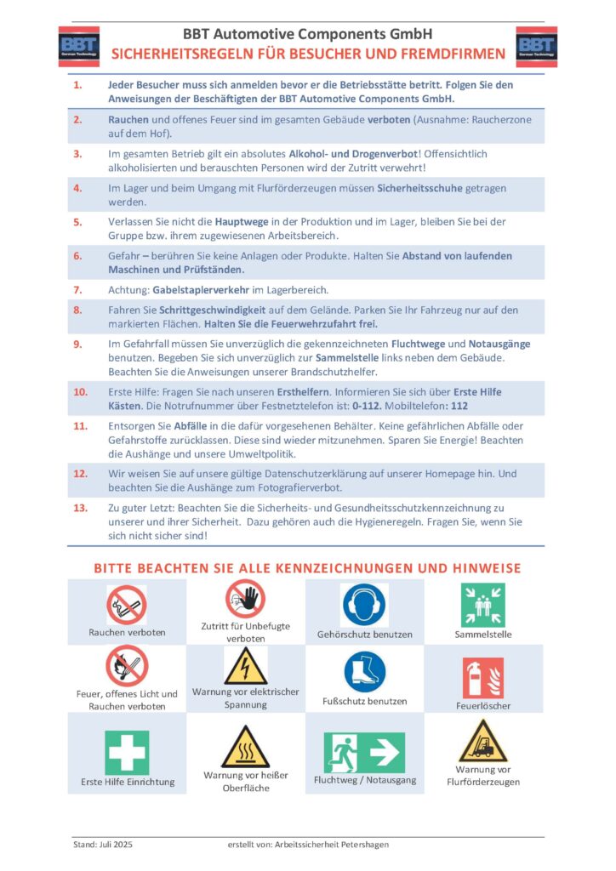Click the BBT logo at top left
pyautogui.click(x=78, y=46)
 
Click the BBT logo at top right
pyautogui.click(x=536, y=46)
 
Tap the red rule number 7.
pyautogui.click(x=77, y=291)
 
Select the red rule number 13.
pyautogui.click(x=81, y=507)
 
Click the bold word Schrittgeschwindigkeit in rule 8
pyautogui.click(x=210, y=310)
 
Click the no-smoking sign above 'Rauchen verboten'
pyautogui.click(x=127, y=605)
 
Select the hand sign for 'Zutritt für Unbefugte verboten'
pyautogui.click(x=246, y=599)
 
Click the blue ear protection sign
pyautogui.click(x=364, y=605)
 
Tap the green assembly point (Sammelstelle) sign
pyautogui.click(x=482, y=605)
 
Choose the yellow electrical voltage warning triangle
pyautogui.click(x=246, y=665)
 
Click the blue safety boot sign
pyautogui.click(x=364, y=671)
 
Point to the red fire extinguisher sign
pyautogui.click(x=482, y=677)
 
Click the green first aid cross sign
pyautogui.click(x=127, y=752)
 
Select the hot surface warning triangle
pyautogui.click(x=246, y=747)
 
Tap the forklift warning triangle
pyautogui.click(x=482, y=741)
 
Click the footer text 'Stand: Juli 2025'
pyautogui.click(x=103, y=845)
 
